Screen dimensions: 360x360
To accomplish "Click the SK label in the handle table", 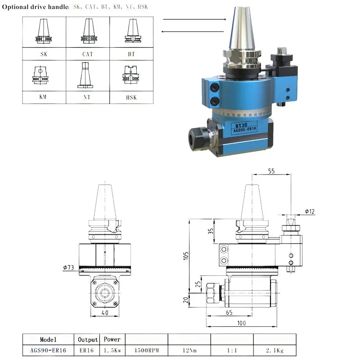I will click(44, 53).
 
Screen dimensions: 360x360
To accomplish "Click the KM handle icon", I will click(44, 75).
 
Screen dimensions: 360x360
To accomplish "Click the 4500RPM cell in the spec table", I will click(146, 350).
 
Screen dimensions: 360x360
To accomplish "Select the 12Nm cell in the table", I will click(189, 350).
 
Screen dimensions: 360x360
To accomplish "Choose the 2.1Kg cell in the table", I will click(274, 350).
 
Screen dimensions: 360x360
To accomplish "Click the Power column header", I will click(112, 339).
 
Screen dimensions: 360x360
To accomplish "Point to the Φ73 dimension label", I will click(68, 268).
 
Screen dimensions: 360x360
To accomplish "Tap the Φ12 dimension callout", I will click(309, 211).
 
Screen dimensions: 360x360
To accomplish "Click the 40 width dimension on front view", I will click(105, 313).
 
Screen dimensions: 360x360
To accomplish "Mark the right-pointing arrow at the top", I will click(193, 19).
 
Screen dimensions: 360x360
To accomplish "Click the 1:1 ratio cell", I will click(232, 350).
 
